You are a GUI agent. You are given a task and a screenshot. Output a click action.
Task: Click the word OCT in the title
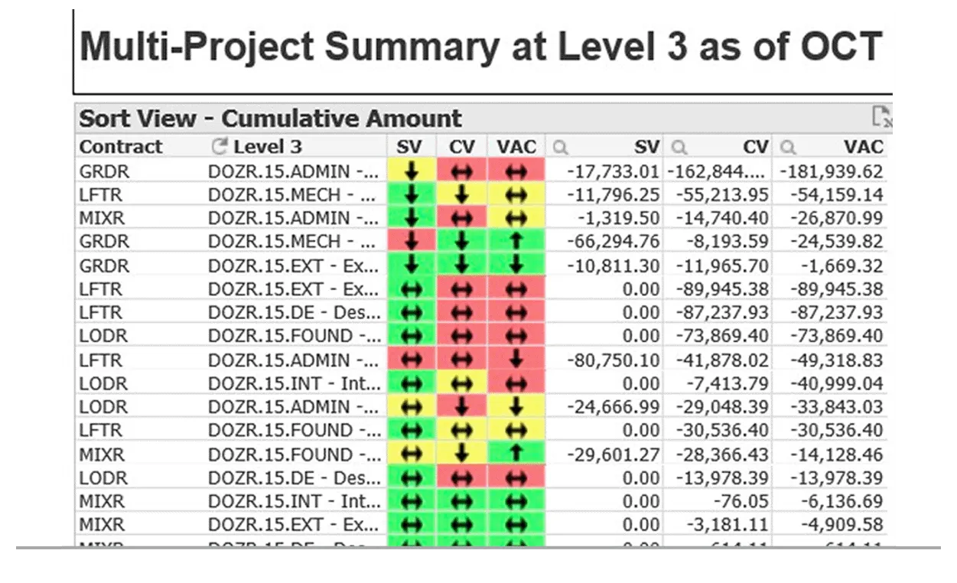(x=841, y=47)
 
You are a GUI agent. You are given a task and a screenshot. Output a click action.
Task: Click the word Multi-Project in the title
(x=196, y=47)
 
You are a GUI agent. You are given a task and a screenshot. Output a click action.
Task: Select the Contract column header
(x=121, y=147)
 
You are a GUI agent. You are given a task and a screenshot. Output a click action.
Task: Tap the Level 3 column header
(x=268, y=147)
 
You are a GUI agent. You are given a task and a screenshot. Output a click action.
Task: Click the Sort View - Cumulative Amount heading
(x=271, y=119)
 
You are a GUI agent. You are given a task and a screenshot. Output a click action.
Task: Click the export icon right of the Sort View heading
(x=882, y=117)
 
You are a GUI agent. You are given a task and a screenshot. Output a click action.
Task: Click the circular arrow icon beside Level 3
(x=220, y=146)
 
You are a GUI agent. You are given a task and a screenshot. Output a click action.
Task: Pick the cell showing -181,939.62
(x=831, y=171)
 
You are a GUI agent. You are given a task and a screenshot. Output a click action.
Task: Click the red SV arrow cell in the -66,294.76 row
(x=412, y=242)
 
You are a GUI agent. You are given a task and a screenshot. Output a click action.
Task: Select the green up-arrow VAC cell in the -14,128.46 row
(x=516, y=454)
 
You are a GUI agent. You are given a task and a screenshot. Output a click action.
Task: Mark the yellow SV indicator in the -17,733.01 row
(x=412, y=171)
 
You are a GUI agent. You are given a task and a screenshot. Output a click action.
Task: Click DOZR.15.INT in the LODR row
(x=294, y=383)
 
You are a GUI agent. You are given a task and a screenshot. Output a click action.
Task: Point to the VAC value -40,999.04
(x=832, y=383)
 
